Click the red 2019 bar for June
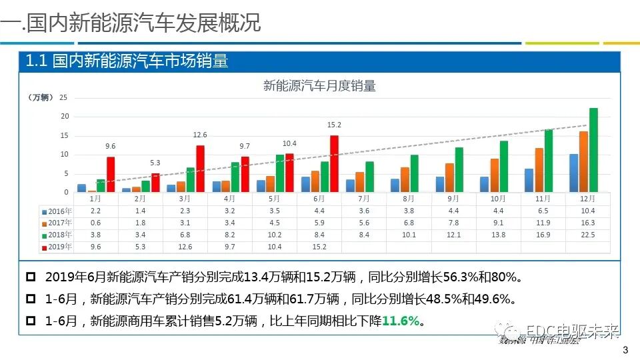[x=334, y=164]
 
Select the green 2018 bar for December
[x=593, y=151]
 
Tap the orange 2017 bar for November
[x=539, y=170]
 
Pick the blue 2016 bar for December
[x=573, y=173]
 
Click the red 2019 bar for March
[x=200, y=169]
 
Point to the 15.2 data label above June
[x=334, y=125]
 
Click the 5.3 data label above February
[x=155, y=163]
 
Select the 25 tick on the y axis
[x=64, y=97]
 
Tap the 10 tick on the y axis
[x=64, y=155]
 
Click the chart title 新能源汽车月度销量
[x=319, y=85]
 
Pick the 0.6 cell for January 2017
[x=95, y=223]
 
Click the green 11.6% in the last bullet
[x=401, y=321]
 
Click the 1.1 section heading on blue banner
[x=127, y=61]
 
